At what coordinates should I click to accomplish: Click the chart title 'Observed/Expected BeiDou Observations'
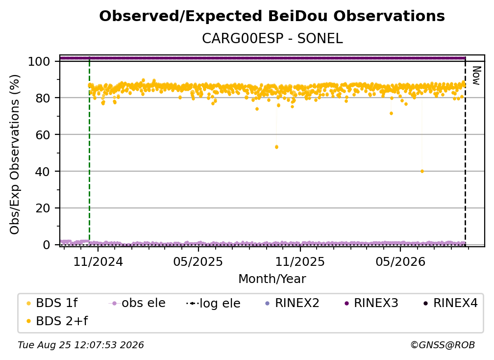tap(272, 16)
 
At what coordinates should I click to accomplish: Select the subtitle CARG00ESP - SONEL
tap(272, 39)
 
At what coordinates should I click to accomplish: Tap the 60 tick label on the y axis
tap(43, 135)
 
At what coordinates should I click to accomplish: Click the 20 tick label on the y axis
tap(43, 208)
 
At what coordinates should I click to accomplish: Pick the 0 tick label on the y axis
tap(47, 245)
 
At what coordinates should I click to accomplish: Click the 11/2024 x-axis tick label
tap(98, 261)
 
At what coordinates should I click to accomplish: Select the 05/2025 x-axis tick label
tap(198, 261)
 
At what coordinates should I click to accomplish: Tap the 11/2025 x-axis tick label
tap(300, 261)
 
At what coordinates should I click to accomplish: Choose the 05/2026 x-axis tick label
tap(400, 261)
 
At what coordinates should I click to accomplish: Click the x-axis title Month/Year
tap(272, 279)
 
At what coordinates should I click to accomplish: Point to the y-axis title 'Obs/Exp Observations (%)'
tap(15, 154)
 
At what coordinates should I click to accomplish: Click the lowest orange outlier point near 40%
tap(422, 172)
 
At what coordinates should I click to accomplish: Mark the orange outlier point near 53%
tap(276, 147)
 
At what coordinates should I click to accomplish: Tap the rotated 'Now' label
tap(477, 76)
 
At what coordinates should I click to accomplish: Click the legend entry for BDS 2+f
tap(57, 321)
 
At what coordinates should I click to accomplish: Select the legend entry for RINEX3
tap(371, 303)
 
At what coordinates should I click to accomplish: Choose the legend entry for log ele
tap(213, 303)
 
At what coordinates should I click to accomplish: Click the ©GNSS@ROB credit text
tap(443, 345)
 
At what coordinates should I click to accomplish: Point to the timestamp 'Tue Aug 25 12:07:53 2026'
tap(81, 345)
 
